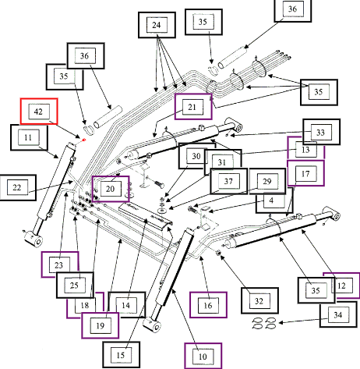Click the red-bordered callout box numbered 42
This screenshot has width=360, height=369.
[x=39, y=112]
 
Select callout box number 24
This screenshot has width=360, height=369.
[x=157, y=25]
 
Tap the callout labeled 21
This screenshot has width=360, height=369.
[x=193, y=107]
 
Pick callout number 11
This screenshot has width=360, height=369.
[x=29, y=137]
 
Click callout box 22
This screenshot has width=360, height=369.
[x=18, y=187]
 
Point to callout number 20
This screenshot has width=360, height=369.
[x=111, y=189]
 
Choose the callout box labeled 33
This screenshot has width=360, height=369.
[x=322, y=132]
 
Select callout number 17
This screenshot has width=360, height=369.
[x=305, y=173]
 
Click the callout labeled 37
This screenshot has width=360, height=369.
[x=228, y=181]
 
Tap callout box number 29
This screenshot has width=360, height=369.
[x=267, y=181]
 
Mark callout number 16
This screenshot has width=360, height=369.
[x=208, y=305]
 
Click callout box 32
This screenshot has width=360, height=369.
[x=259, y=300]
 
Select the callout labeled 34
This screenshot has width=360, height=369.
[x=338, y=314]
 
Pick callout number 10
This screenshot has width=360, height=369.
[x=203, y=356]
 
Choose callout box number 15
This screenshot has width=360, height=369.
[x=122, y=355]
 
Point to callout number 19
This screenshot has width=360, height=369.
[x=101, y=325]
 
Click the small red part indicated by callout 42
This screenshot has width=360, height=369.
[x=84, y=140]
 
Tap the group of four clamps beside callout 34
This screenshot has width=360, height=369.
[x=264, y=323]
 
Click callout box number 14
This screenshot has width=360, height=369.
[x=126, y=305]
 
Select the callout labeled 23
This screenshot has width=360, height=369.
[x=60, y=264]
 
